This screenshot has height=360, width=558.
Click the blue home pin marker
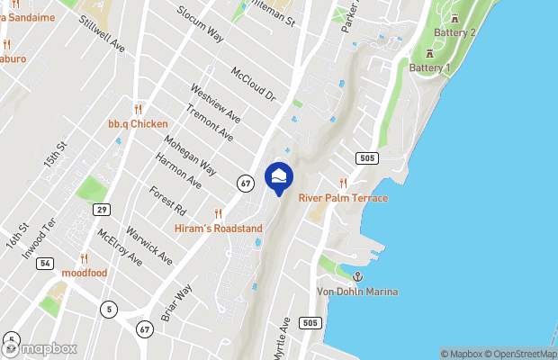(279, 176)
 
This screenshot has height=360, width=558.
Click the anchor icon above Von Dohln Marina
(356, 277)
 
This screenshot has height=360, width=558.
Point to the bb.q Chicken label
(138, 123)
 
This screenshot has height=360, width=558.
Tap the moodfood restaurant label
(85, 273)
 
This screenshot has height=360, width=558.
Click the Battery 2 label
(455, 33)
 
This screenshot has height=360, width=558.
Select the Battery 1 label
(429, 67)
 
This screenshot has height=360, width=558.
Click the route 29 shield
(102, 209)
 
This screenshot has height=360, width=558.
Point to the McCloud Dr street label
(257, 84)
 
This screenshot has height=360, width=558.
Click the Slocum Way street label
(201, 23)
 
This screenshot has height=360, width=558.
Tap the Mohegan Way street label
(191, 154)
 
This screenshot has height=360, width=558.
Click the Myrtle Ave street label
(283, 335)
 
